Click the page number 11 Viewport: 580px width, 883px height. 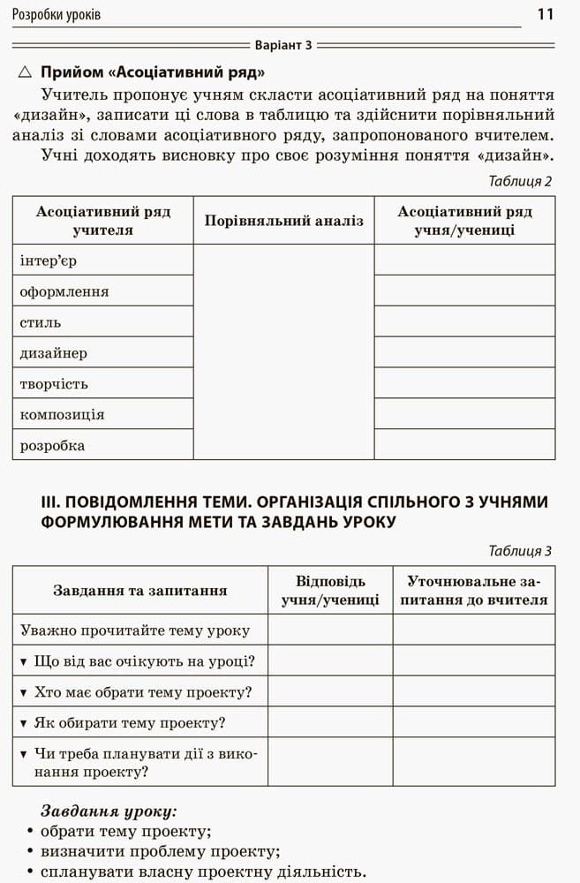[x=545, y=14]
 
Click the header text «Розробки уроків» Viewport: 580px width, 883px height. [x=57, y=15]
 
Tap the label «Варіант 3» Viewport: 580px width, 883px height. [x=283, y=44]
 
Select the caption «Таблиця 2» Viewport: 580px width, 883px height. [x=520, y=181]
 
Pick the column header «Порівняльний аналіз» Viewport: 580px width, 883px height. [x=283, y=221]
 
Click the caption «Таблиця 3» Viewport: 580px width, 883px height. [x=520, y=551]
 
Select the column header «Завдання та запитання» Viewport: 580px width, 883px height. [x=140, y=590]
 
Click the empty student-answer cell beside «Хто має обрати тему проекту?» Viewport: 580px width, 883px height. [x=330, y=691]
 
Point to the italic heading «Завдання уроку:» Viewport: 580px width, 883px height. [x=109, y=810]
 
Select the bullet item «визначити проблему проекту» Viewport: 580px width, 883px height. [x=160, y=851]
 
